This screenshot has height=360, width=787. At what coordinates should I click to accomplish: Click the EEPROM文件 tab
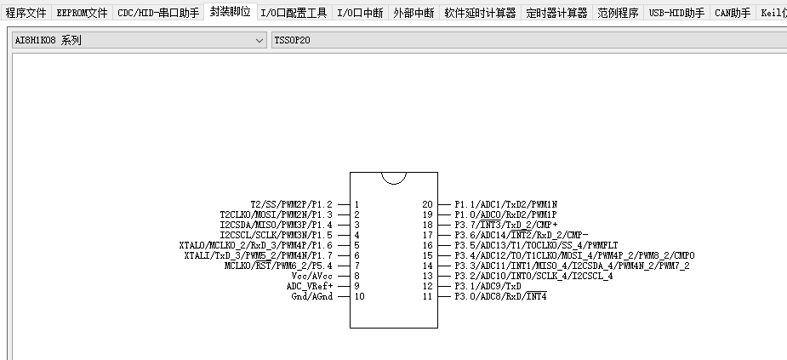pos(83,13)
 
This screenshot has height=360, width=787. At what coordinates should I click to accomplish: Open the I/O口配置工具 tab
pos(294,13)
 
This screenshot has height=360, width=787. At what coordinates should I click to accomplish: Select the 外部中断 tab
pos(414,13)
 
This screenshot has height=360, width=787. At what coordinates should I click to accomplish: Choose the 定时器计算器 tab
pos(556,13)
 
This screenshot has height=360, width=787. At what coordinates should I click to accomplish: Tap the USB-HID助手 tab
pos(676,13)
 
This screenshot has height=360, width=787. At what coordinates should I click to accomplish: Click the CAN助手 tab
pos(733,13)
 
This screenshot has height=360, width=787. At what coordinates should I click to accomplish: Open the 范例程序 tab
pos(618,13)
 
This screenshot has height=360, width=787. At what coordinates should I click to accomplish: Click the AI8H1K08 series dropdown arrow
pos(259,40)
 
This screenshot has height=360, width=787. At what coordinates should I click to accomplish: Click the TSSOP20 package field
pos(528,40)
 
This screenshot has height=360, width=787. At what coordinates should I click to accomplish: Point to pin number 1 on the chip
pos(357,204)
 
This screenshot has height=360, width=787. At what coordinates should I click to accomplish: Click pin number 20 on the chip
pos(427,204)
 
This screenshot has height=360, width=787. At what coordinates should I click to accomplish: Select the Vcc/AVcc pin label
pos(311,276)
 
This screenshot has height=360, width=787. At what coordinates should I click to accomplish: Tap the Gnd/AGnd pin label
pos(311,296)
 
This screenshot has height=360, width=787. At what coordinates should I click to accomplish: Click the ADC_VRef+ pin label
pos(309,286)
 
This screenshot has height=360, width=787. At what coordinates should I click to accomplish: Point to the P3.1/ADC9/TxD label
pos(488,286)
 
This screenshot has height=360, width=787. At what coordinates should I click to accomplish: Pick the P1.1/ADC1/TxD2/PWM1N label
pos(505,204)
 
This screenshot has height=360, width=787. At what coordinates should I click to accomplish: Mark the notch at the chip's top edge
pos(393,177)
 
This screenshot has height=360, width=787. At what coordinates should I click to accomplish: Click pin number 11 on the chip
pos(427,296)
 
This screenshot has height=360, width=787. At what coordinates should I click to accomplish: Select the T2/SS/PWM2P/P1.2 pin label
pos(291,204)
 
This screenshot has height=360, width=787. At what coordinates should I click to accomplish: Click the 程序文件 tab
pos(26,13)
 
